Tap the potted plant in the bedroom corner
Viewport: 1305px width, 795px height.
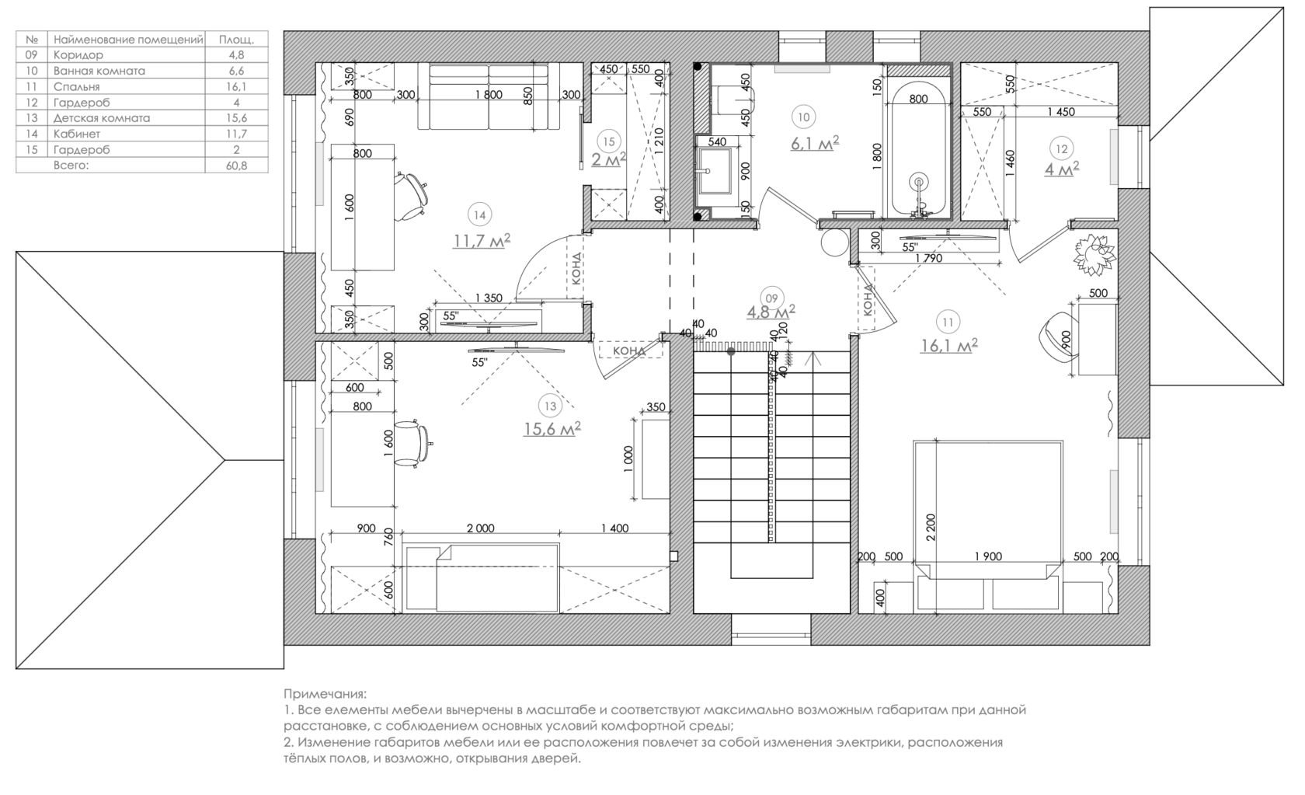coord(1095,253)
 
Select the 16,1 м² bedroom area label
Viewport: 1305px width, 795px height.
coord(948,345)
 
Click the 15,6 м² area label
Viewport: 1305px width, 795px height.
coord(552,428)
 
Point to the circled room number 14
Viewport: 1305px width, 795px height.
coord(480,215)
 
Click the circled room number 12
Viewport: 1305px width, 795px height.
coord(1061,148)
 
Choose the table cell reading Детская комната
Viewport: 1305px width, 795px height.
coord(102,118)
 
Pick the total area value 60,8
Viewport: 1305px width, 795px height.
coord(236,166)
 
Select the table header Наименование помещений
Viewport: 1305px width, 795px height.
coord(128,39)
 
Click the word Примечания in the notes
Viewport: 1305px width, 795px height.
coord(325,693)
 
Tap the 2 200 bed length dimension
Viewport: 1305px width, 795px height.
coord(931,527)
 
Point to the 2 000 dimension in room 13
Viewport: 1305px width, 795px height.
coord(480,528)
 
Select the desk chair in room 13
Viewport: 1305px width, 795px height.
coord(412,444)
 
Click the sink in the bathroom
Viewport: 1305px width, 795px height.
coord(712,169)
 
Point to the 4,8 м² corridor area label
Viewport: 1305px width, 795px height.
coord(770,312)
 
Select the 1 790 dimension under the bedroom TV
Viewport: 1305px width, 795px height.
coord(928,258)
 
